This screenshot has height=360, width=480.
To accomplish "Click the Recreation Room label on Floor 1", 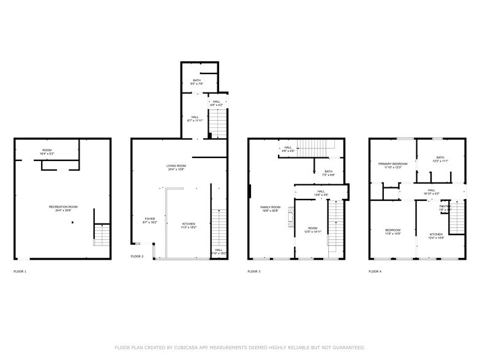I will tap(63, 208).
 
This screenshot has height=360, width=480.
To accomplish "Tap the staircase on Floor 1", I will tap(102, 234).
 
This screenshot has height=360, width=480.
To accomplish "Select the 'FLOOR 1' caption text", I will tap(20, 271).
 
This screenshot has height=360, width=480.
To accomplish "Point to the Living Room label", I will tap(176, 167).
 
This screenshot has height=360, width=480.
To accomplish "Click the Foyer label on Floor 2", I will tap(150, 220).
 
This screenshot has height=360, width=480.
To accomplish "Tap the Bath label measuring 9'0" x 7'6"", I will tap(197, 82).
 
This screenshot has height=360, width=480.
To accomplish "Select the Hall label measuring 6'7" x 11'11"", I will tap(195, 118).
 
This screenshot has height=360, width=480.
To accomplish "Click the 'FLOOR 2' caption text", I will tap(137, 257).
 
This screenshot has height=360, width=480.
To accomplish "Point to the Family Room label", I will tap(270, 208).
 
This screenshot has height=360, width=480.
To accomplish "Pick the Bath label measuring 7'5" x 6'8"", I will tap(329, 173).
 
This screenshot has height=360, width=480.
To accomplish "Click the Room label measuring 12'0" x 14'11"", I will tap(313, 230).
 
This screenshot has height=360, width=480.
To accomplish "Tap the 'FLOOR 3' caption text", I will tap(254, 271).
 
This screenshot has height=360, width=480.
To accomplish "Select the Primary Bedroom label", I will tap(392, 165).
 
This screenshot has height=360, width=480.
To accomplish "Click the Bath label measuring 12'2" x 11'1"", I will tap(440, 159).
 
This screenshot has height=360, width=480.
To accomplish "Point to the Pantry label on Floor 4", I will tap(444, 208).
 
